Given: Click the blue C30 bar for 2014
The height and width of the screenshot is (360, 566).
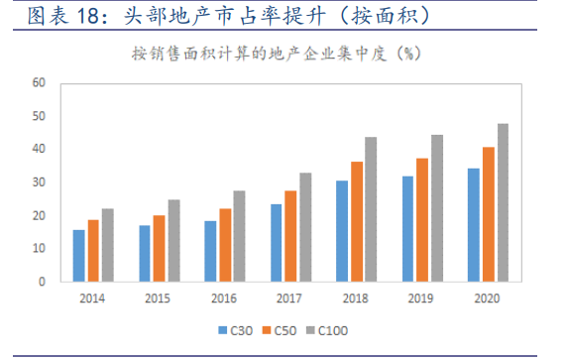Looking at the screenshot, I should (x=78, y=256).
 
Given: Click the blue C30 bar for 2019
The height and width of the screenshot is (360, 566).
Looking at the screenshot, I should (x=407, y=229).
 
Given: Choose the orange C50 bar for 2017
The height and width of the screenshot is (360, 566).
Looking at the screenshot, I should (x=290, y=236).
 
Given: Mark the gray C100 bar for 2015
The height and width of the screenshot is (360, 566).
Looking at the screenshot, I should (x=173, y=241).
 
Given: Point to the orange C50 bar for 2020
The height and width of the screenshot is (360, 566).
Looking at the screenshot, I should (x=487, y=214).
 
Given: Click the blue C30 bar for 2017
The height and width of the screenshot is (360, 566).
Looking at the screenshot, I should (x=276, y=243).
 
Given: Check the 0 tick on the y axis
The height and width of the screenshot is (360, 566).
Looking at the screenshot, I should (x=43, y=282).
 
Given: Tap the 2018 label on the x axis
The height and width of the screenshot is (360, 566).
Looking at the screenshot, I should (x=356, y=298).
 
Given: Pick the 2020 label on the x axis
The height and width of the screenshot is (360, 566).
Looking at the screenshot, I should (x=487, y=298).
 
